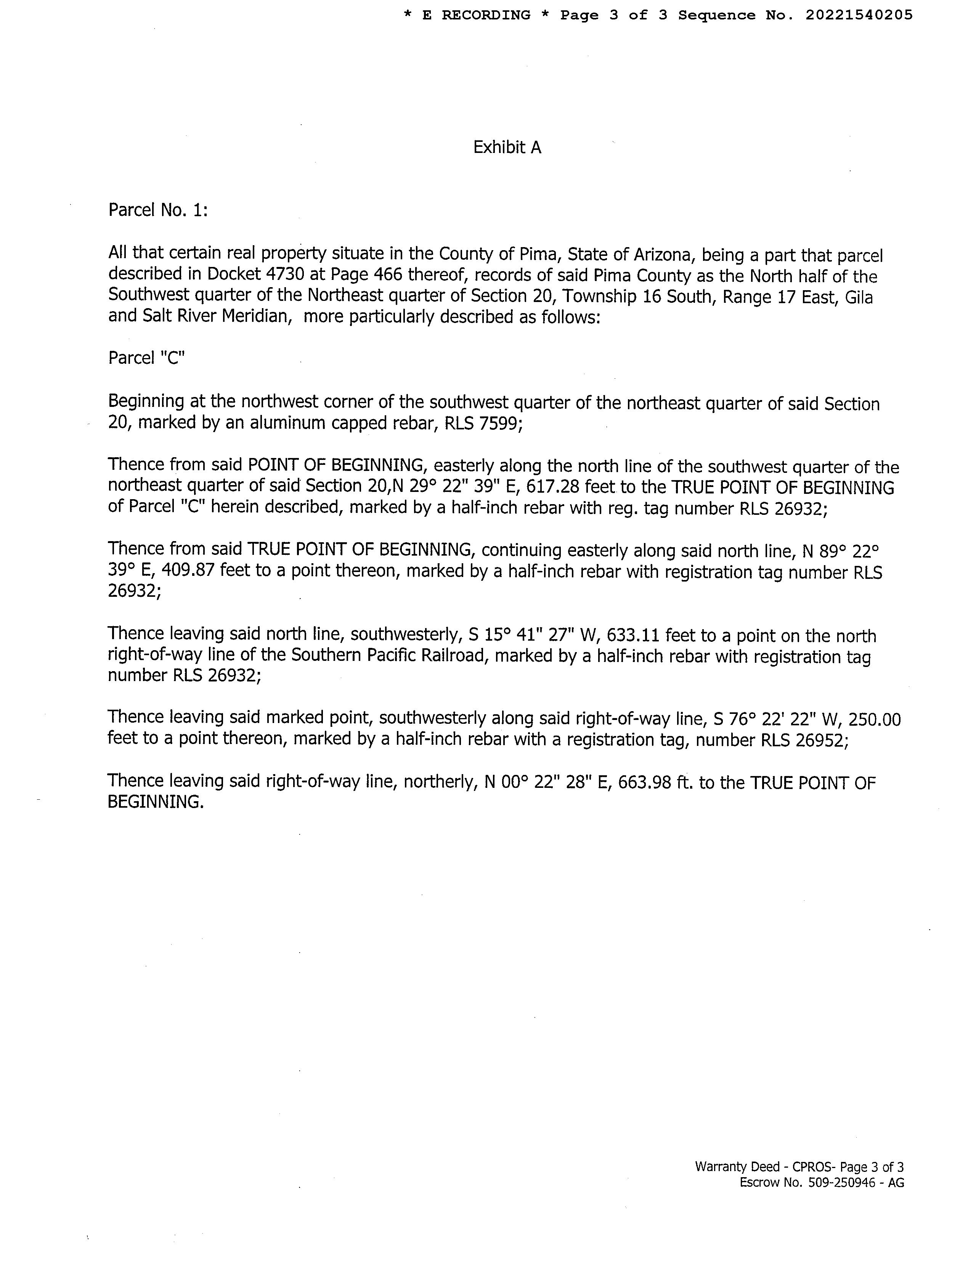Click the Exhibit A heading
[507, 148]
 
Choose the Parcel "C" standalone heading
[146, 358]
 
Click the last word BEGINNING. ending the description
[156, 802]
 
